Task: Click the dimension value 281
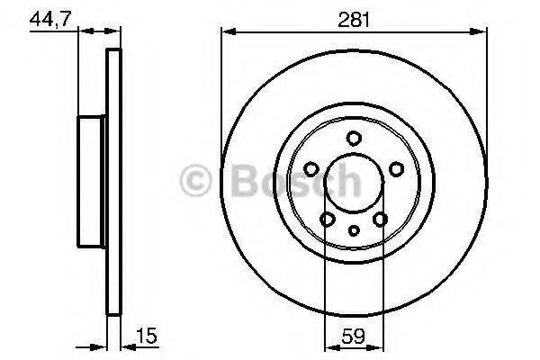(353, 17)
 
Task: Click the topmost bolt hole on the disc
(354, 138)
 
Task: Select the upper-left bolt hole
(311, 167)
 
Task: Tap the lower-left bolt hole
(328, 219)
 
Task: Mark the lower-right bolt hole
(380, 219)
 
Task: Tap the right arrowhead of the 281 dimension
(481, 33)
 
